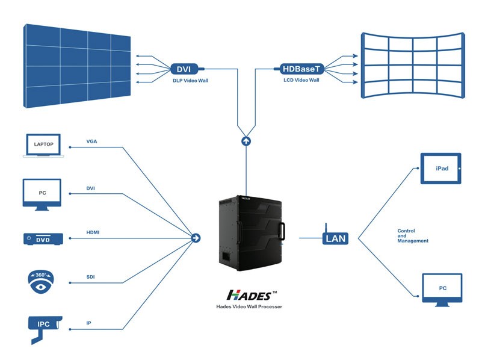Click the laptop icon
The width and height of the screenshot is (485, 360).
pyautogui.click(x=44, y=146)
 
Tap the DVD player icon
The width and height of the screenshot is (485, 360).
pyautogui.click(x=43, y=239)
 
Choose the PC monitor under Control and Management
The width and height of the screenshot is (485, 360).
pyautogui.click(x=442, y=290)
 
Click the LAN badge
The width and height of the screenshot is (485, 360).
pyautogui.click(x=335, y=238)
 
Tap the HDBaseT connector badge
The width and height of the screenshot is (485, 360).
pyautogui.click(x=301, y=69)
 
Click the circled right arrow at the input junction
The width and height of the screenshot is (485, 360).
pyautogui.click(x=196, y=238)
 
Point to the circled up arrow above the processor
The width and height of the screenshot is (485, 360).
pyautogui.click(x=246, y=141)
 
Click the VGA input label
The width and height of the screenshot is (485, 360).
pyautogui.click(x=91, y=142)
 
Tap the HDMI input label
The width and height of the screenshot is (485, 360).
pyautogui.click(x=93, y=233)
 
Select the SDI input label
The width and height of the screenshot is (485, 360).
pyautogui.click(x=91, y=277)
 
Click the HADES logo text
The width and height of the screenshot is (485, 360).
pyautogui.click(x=249, y=295)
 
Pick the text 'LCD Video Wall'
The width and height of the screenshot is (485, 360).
pyautogui.click(x=301, y=80)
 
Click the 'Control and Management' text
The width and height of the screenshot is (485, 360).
pyautogui.click(x=413, y=236)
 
